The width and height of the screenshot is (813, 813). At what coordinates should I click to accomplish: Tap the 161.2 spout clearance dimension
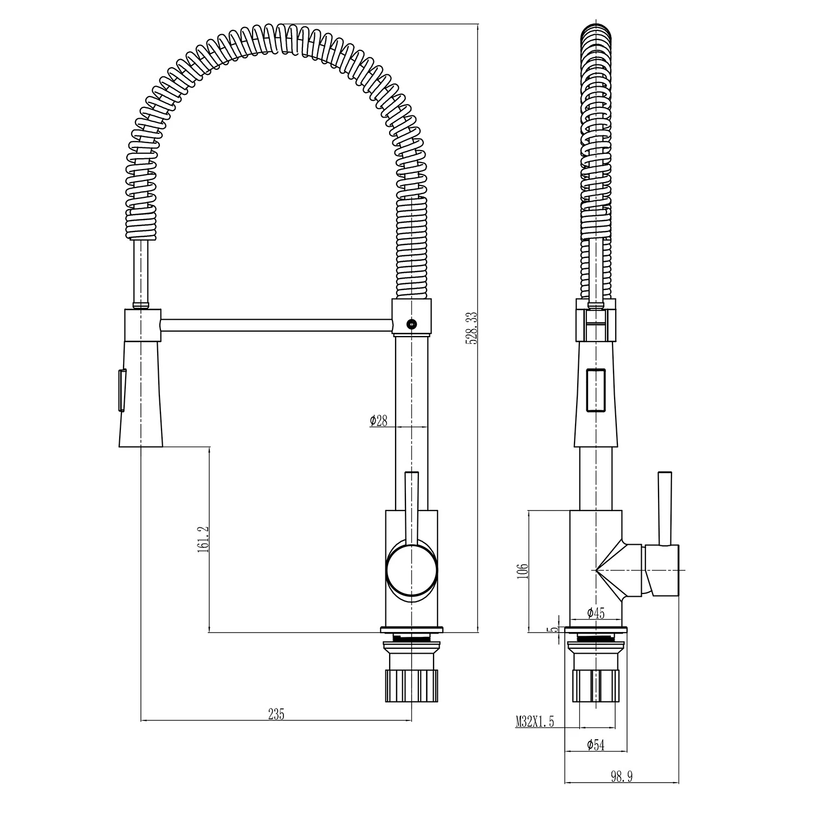coord(203,538)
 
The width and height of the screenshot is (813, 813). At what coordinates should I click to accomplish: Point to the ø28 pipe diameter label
coord(379,421)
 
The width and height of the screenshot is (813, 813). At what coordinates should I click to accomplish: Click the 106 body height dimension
coord(522,570)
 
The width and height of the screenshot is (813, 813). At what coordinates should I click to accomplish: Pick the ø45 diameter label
coord(595,613)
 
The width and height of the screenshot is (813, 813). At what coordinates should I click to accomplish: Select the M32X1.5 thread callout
coord(534,721)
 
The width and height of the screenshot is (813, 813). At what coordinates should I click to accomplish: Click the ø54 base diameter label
coord(595,745)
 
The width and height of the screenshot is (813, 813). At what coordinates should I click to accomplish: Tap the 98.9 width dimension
coord(622,777)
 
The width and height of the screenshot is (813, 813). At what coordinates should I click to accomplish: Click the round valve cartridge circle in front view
coord(411,571)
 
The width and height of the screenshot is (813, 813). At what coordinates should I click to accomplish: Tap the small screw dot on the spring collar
coord(410,324)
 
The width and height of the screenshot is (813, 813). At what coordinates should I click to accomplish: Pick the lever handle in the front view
coord(411,507)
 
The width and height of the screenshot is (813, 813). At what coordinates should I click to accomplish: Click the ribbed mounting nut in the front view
coord(411,686)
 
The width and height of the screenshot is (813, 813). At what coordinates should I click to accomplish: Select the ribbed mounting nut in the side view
coord(596,686)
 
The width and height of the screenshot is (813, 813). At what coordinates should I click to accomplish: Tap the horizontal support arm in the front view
coord(276,325)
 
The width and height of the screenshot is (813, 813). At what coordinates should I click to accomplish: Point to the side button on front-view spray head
coord(122,389)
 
